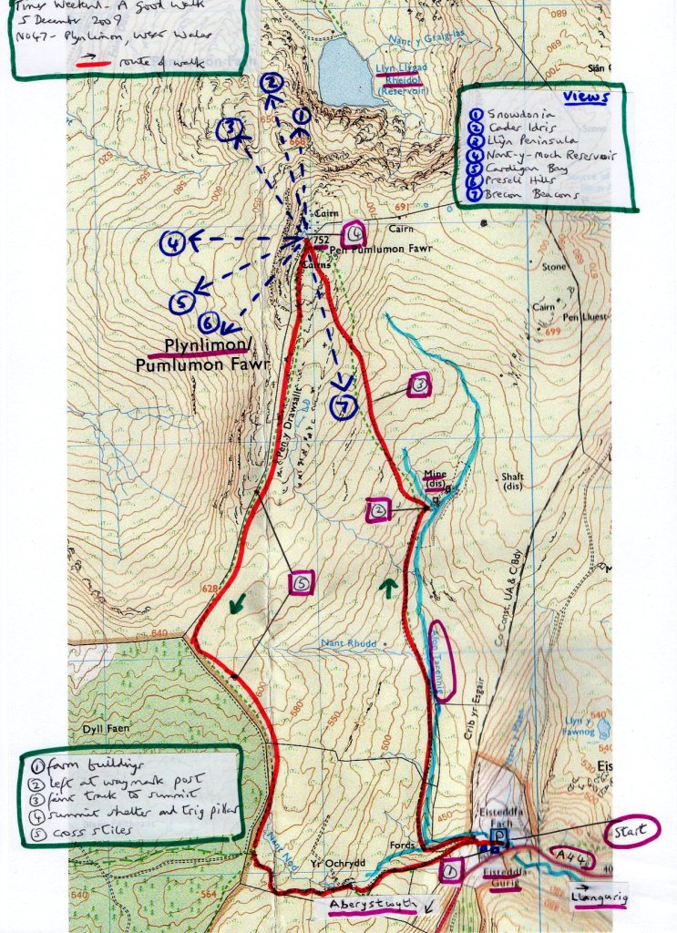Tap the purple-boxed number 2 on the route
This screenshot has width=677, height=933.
coord(376,511)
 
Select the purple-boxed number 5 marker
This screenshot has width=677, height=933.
coord(303,582)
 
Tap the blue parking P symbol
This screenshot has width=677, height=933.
coord(498,836)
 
